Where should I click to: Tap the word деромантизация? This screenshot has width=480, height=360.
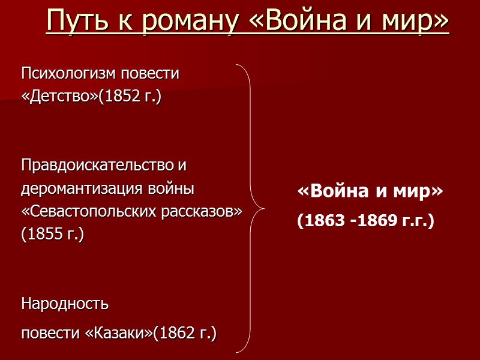tap(82, 188)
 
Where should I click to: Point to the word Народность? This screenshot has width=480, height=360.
tap(65, 303)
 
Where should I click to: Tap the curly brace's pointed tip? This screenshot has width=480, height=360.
tap(263, 209)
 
